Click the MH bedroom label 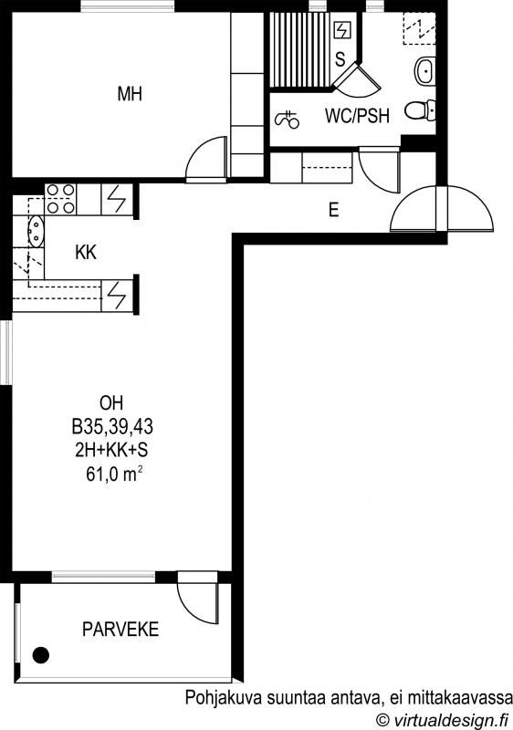(x=130, y=94)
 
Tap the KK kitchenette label (x=86, y=253)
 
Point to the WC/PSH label (x=357, y=116)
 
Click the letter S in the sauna (x=340, y=59)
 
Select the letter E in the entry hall (x=333, y=210)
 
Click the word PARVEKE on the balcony (x=120, y=630)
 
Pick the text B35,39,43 (x=112, y=426)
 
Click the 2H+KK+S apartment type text (x=111, y=450)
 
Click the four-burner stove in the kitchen (x=60, y=199)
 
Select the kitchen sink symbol (x=36, y=231)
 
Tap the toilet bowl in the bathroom (x=419, y=110)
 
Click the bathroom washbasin (x=424, y=71)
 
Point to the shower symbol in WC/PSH (x=288, y=120)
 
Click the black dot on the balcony (x=41, y=655)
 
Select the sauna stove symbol (x=341, y=31)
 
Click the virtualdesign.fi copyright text (x=442, y=720)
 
